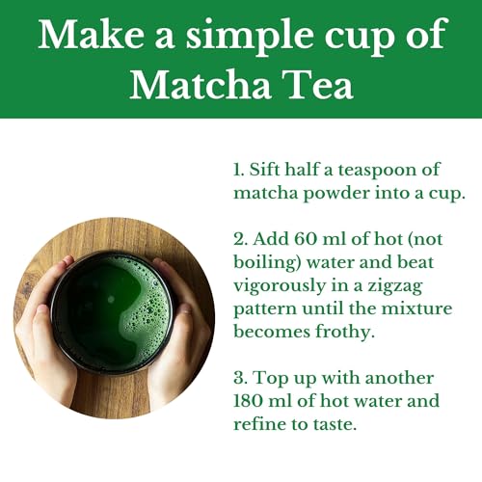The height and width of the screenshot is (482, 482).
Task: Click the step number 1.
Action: pos(237,171)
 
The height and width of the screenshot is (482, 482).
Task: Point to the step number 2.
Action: pos(238,238)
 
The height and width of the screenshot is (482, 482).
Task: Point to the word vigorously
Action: pos(281,284)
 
